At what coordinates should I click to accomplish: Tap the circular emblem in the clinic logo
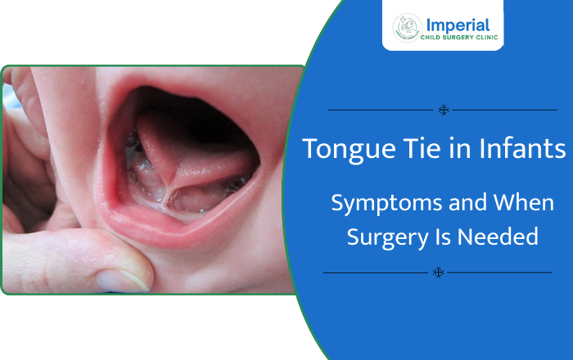(x=408, y=28)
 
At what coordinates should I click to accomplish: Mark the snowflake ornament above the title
(x=442, y=110)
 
